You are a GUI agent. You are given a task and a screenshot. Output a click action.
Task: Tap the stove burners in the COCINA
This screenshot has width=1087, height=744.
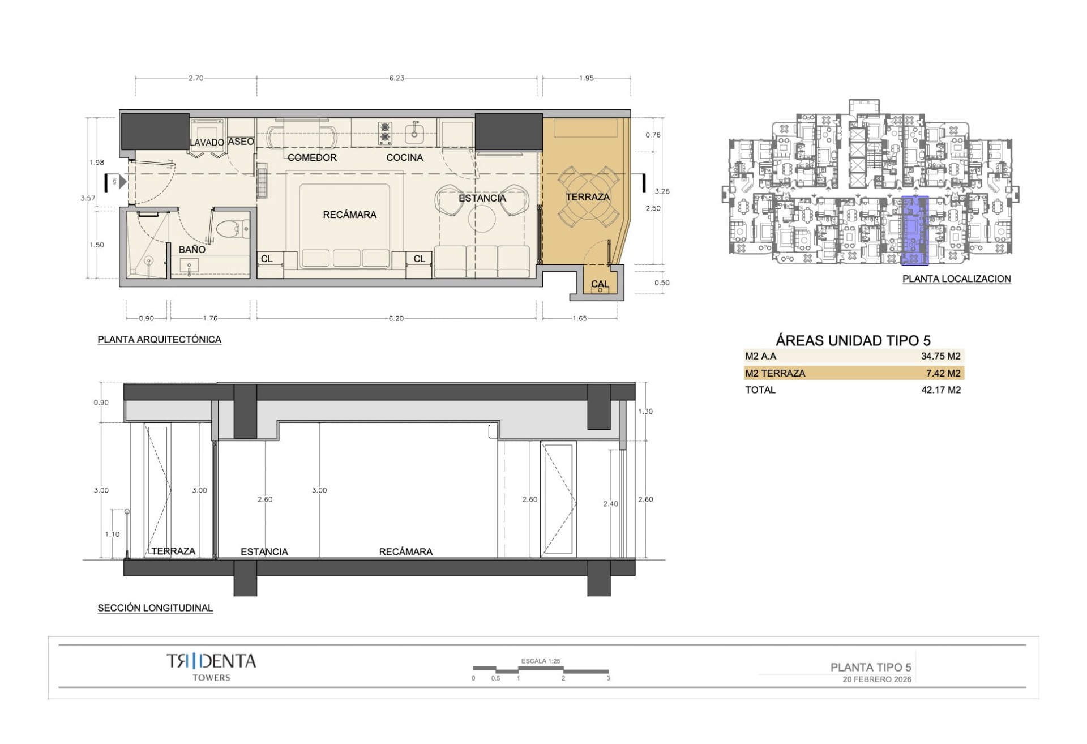click(385, 134)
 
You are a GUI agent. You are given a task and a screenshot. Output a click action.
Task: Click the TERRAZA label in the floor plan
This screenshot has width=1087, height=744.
click(588, 197)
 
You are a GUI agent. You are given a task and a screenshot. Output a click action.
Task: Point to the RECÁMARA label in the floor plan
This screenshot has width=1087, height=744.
click(349, 215)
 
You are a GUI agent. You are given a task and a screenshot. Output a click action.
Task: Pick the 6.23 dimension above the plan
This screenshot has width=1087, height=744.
click(396, 78)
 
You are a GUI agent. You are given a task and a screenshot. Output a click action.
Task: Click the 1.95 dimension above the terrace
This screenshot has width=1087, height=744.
click(587, 78)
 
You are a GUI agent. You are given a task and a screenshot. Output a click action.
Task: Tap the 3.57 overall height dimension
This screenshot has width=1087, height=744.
click(88, 198)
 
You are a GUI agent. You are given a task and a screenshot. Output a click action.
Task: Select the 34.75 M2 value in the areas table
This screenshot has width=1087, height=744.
click(940, 356)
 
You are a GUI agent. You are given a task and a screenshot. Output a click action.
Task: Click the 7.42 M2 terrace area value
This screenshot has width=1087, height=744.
click(943, 373)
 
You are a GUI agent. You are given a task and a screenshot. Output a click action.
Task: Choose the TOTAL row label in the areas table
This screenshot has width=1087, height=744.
click(760, 390)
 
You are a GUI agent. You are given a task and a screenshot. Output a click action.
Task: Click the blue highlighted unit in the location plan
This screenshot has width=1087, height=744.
click(914, 230)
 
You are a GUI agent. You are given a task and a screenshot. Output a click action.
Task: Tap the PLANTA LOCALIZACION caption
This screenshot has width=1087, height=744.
click(956, 279)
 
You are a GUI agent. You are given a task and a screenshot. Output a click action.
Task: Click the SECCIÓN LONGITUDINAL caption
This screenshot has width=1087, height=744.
click(155, 608)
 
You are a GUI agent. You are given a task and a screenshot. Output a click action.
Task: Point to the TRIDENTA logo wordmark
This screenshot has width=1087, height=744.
click(211, 661)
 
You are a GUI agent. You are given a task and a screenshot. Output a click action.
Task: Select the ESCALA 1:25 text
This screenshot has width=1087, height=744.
click(541, 661)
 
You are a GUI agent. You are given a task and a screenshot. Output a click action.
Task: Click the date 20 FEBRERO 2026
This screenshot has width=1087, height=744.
click(877, 679)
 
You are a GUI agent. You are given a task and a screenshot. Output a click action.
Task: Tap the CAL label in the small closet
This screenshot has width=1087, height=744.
click(600, 284)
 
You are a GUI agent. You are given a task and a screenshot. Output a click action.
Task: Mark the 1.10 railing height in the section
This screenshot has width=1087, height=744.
click(112, 534)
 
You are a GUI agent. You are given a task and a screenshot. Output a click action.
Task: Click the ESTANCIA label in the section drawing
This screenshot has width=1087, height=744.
click(264, 551)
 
